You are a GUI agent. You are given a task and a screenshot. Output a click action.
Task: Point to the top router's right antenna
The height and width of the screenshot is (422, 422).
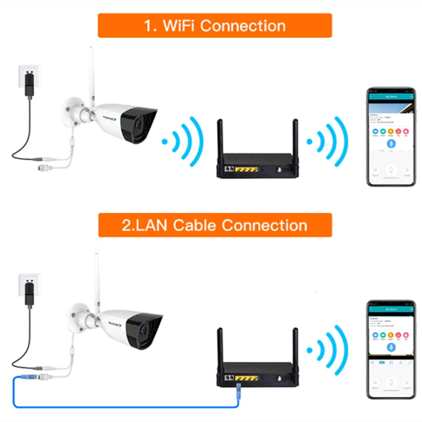pos(295,138)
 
